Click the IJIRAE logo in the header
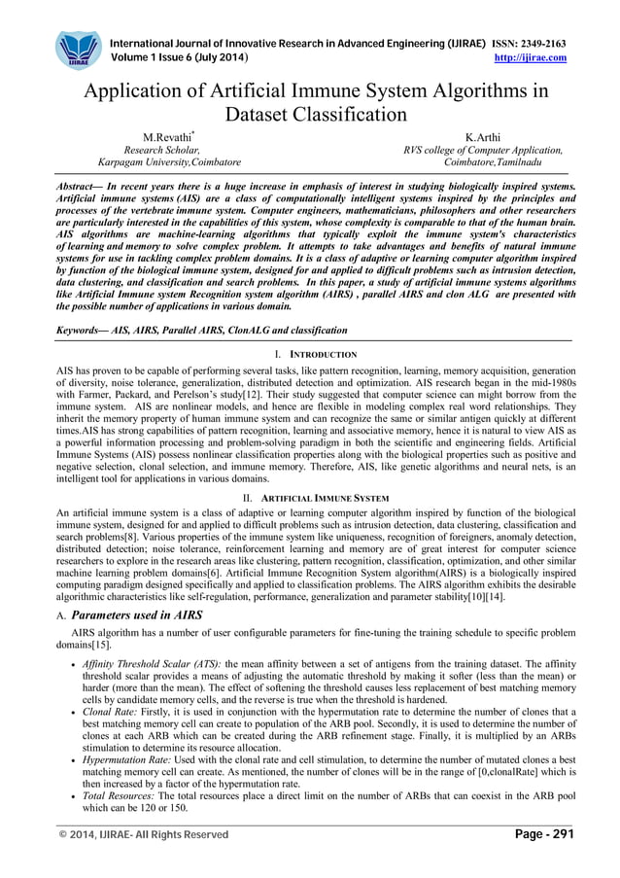click(77, 51)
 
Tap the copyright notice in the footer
click(144, 835)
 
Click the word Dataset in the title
click(262, 115)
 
